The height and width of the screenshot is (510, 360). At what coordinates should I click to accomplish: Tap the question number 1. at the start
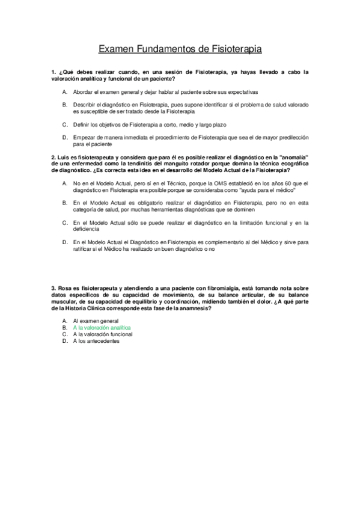click(54, 72)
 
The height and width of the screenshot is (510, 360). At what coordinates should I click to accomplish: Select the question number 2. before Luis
click(54, 156)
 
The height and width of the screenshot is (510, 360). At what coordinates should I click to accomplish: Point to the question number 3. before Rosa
click(54, 289)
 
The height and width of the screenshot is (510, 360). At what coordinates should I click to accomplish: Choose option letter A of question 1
click(64, 92)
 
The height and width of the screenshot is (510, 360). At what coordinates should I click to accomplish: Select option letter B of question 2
click(64, 204)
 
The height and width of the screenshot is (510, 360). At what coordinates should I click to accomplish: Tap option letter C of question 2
click(64, 223)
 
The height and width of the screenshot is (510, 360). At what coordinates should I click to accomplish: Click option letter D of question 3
click(64, 341)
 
